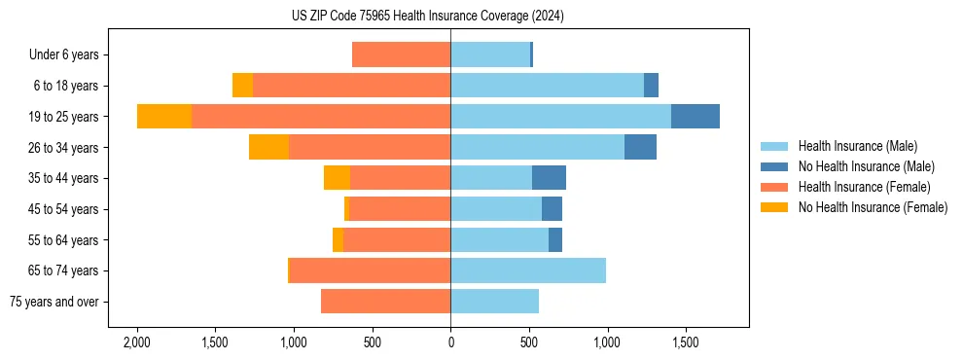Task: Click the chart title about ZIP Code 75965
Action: click(428, 17)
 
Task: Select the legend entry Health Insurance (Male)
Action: click(857, 146)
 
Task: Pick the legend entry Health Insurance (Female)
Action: click(864, 187)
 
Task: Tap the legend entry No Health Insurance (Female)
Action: click(873, 207)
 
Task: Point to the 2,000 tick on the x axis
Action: click(136, 343)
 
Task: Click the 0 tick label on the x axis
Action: click(450, 343)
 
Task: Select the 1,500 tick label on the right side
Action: click(685, 343)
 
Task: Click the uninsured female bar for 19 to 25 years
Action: click(164, 117)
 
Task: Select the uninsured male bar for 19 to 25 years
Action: click(695, 117)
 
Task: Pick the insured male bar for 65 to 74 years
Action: click(528, 270)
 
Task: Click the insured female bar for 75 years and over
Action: click(385, 302)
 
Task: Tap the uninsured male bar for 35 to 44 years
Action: click(549, 178)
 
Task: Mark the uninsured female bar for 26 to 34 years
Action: click(268, 147)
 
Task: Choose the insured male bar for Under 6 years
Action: click(490, 55)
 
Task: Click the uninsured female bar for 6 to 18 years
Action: click(242, 86)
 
